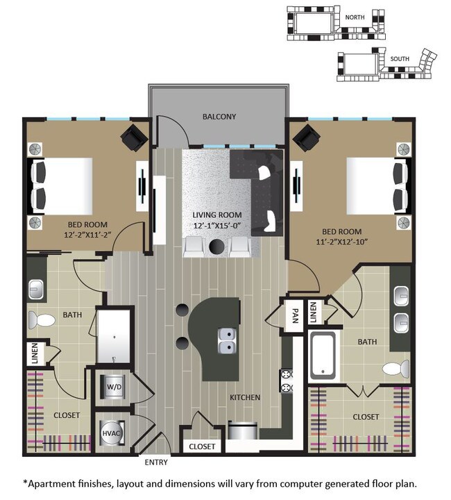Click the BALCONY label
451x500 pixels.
219,117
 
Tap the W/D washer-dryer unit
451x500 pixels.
113,385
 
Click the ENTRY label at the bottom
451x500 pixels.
155,462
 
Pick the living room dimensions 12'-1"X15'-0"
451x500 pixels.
217,226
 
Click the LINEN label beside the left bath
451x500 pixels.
34,353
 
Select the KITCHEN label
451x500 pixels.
246,397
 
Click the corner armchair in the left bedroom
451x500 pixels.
134,137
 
